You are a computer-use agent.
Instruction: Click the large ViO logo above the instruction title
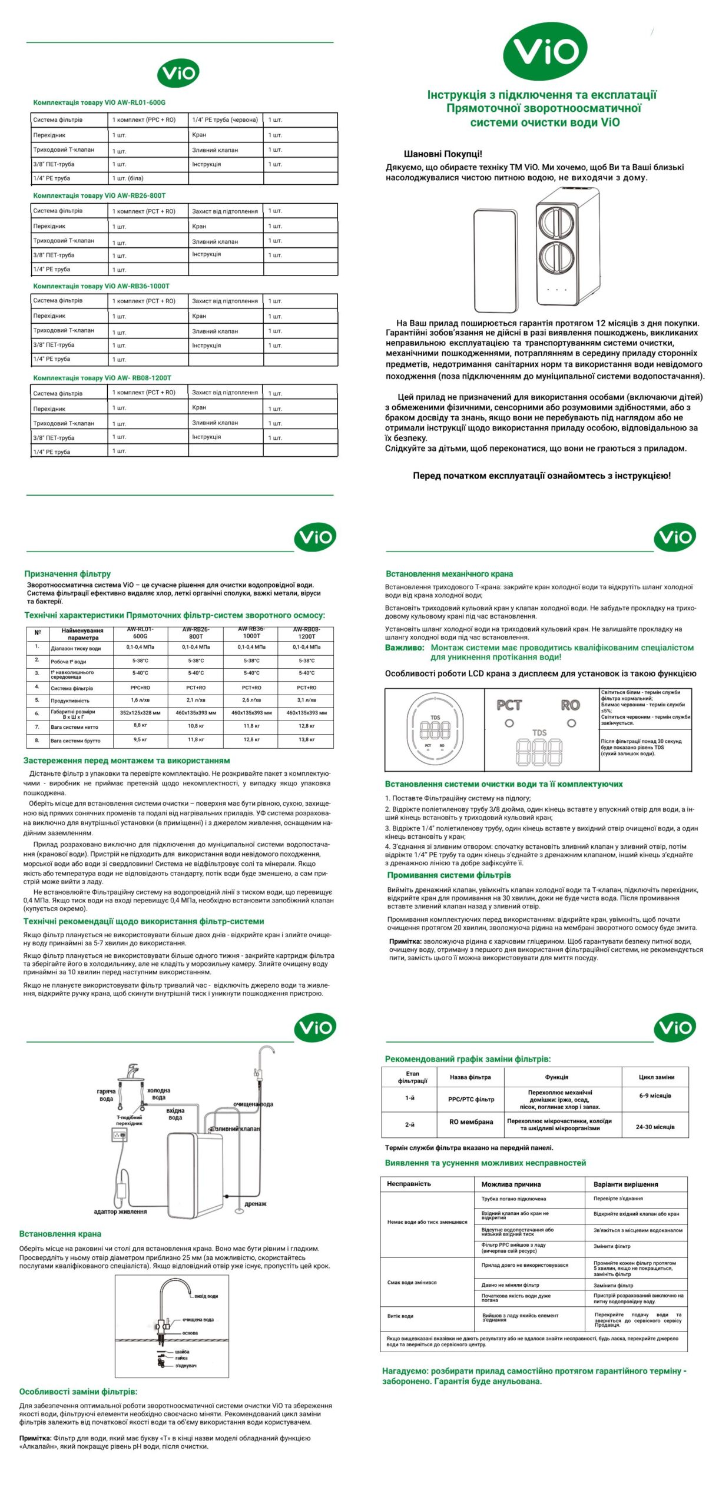click(545, 51)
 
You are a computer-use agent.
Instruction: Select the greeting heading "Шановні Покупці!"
click(442, 154)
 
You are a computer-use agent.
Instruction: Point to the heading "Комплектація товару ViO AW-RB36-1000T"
click(101, 286)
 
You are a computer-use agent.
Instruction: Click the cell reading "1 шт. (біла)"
click(128, 178)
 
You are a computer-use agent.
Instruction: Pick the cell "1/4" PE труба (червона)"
click(225, 120)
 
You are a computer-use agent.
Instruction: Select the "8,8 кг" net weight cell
click(140, 726)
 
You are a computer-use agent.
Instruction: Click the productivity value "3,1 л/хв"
click(306, 700)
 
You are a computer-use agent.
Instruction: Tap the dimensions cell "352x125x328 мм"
click(140, 713)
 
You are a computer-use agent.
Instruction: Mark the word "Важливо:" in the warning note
click(405, 648)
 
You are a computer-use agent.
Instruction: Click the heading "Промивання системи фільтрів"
click(449, 875)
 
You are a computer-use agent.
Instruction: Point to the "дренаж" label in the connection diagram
click(255, 1204)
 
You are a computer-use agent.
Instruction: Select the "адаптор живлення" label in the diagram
click(120, 1211)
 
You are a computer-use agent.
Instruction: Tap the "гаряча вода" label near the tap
click(106, 1095)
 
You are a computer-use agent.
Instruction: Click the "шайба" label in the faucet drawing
click(182, 1352)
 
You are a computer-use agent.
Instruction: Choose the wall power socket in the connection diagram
click(119, 1135)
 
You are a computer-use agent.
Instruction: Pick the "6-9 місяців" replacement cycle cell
click(655, 1096)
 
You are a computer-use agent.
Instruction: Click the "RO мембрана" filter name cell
click(471, 1122)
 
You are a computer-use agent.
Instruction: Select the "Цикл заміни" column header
click(656, 1077)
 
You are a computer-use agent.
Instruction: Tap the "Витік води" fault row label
click(400, 1316)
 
